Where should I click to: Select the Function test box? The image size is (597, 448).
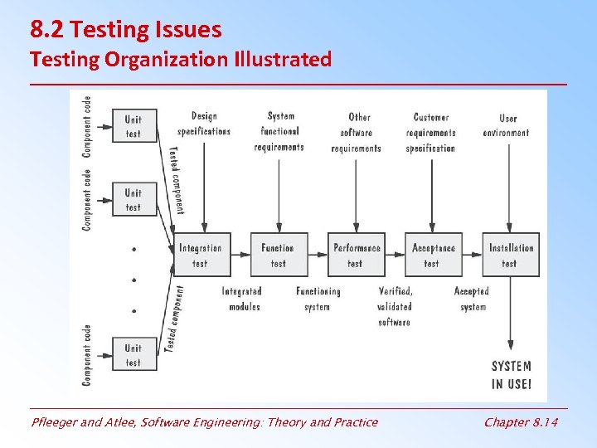(x=279, y=255)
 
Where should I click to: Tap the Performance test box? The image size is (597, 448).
(x=357, y=255)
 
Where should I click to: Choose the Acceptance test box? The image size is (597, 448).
(x=433, y=255)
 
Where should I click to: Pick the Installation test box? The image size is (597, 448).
(x=511, y=255)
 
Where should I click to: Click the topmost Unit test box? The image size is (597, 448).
(x=134, y=126)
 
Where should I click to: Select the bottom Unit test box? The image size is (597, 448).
(x=134, y=355)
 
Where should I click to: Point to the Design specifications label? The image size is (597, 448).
(x=204, y=124)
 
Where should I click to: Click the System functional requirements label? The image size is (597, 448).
(x=280, y=131)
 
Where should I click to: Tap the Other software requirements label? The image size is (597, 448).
(x=357, y=133)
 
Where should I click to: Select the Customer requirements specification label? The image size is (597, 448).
(x=431, y=133)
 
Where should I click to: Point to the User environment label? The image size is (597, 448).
(x=507, y=125)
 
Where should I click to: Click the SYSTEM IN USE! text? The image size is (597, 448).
(x=511, y=375)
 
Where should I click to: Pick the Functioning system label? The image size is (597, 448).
(x=318, y=299)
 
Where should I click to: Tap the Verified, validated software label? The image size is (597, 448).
(x=395, y=306)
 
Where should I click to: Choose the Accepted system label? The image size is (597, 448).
(x=472, y=299)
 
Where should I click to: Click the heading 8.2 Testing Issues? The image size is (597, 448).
(x=126, y=31)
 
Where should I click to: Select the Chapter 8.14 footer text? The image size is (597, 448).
(x=521, y=422)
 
